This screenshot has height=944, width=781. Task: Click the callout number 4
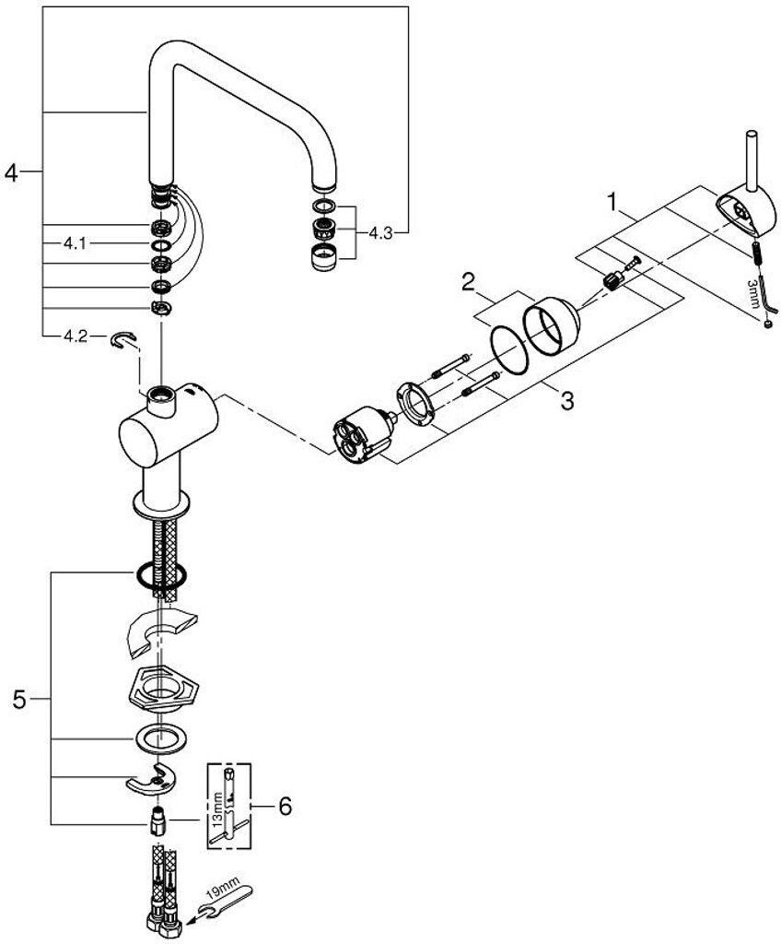(x=12, y=172)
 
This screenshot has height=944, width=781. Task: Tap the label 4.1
(x=76, y=243)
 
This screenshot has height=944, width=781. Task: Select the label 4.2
(x=76, y=336)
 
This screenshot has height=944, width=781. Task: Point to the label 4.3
(x=379, y=233)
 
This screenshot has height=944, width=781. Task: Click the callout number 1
(x=612, y=202)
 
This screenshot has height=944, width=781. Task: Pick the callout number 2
(x=468, y=282)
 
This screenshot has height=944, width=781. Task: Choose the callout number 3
(x=567, y=400)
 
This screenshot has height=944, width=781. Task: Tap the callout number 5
(x=20, y=701)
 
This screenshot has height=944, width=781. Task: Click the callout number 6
(x=284, y=806)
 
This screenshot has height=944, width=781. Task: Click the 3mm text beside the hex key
(x=752, y=293)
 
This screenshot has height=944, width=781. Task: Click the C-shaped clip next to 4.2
(x=123, y=340)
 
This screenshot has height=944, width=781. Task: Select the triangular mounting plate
(x=163, y=691)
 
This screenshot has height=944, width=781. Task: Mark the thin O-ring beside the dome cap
(x=509, y=349)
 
